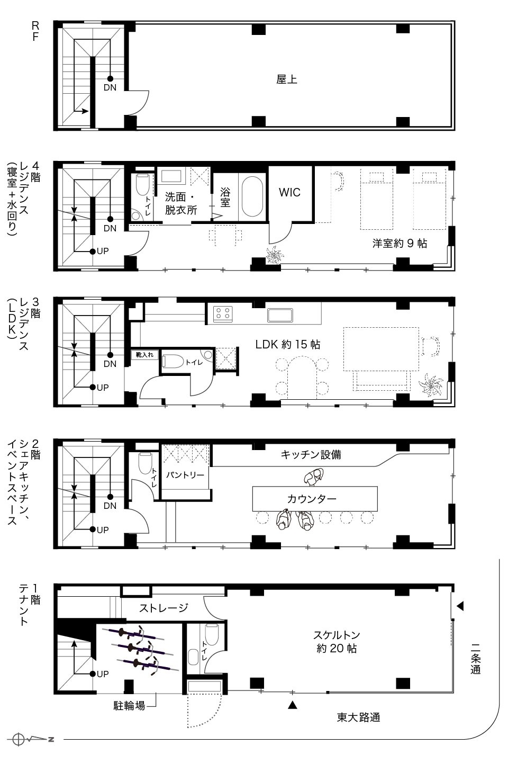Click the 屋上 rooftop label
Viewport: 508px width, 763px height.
[287, 79]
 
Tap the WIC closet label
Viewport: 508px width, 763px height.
[289, 192]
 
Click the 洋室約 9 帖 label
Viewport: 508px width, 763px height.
[400, 243]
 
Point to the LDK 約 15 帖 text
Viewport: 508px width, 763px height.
[288, 344]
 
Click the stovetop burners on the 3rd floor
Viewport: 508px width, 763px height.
[223, 314]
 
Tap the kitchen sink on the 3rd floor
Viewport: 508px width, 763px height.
[280, 315]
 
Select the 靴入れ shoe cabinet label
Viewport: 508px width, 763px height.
[144, 355]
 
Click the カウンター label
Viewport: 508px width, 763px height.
[312, 499]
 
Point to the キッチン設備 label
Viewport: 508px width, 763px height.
[311, 454]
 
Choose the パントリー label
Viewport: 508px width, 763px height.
[185, 475]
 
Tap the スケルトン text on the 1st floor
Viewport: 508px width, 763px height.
[337, 635]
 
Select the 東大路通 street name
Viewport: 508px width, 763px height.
[359, 717]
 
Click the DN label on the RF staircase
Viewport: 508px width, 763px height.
[110, 87]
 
